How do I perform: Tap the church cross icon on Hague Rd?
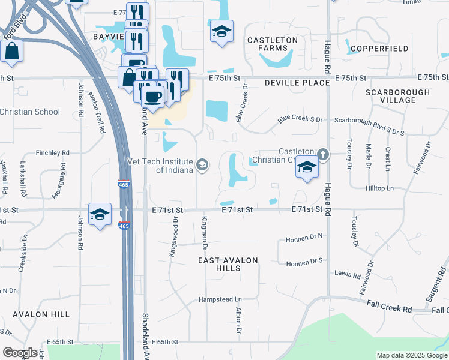click(323, 155)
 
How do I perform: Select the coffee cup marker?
click(152, 97)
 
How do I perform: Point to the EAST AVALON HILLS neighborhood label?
click(228, 264)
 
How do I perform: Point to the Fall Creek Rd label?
click(391, 309)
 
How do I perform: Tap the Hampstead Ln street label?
click(220, 299)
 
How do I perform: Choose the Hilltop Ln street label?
click(379, 188)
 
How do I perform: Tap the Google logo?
click(20, 353)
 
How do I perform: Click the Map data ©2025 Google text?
click(412, 355)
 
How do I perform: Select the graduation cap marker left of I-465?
click(100, 214)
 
